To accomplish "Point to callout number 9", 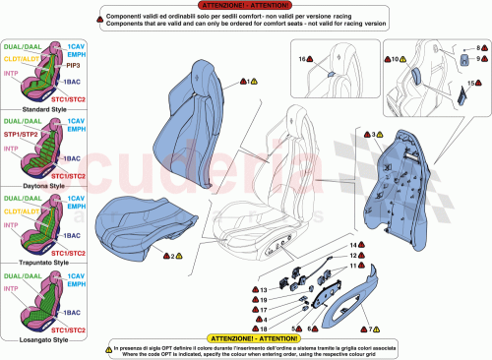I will (478, 60).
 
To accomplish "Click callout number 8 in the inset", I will (478, 47).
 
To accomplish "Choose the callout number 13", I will (263, 291).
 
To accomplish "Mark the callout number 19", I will (264, 300).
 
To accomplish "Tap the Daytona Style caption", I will (43, 185).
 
